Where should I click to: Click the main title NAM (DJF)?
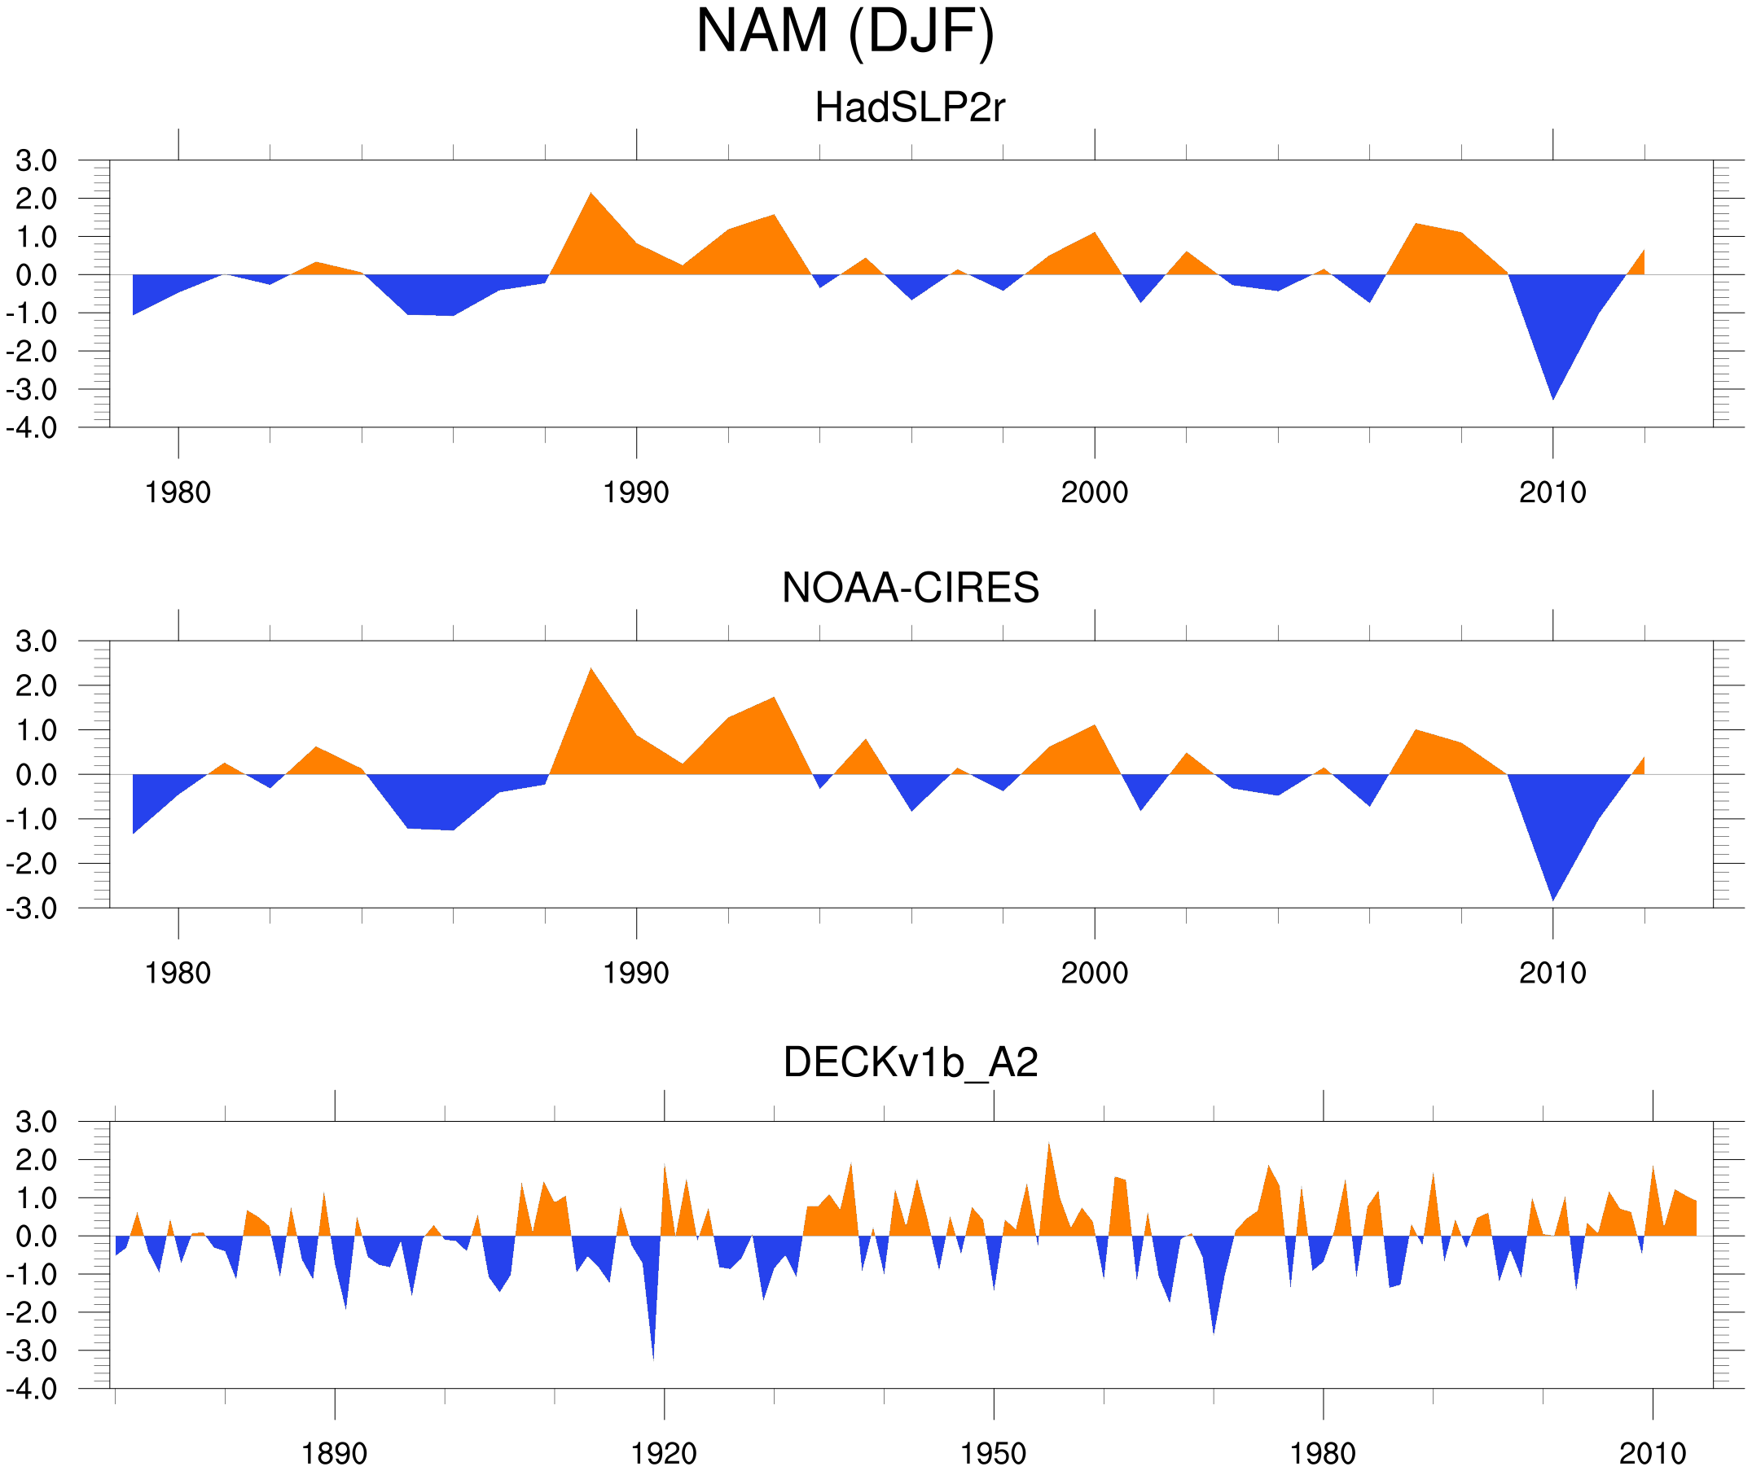[845, 32]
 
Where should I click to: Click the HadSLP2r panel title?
[909, 107]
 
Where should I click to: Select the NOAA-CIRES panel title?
[910, 588]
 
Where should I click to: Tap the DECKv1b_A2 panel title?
[910, 1062]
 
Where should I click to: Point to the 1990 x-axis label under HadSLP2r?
[636, 493]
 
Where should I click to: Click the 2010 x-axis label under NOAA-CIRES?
[1552, 973]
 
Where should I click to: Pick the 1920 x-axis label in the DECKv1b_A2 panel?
[664, 1453]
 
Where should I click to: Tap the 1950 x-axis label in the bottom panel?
[993, 1453]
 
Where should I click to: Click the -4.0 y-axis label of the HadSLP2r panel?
[32, 428]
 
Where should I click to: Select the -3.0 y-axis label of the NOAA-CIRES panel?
[32, 908]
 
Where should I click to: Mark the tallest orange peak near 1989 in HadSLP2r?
[591, 200]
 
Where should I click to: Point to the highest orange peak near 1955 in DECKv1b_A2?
[1049, 1151]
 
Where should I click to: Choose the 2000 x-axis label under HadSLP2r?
[1094, 493]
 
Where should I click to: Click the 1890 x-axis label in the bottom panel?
[335, 1453]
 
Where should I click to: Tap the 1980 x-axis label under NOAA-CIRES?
[178, 973]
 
